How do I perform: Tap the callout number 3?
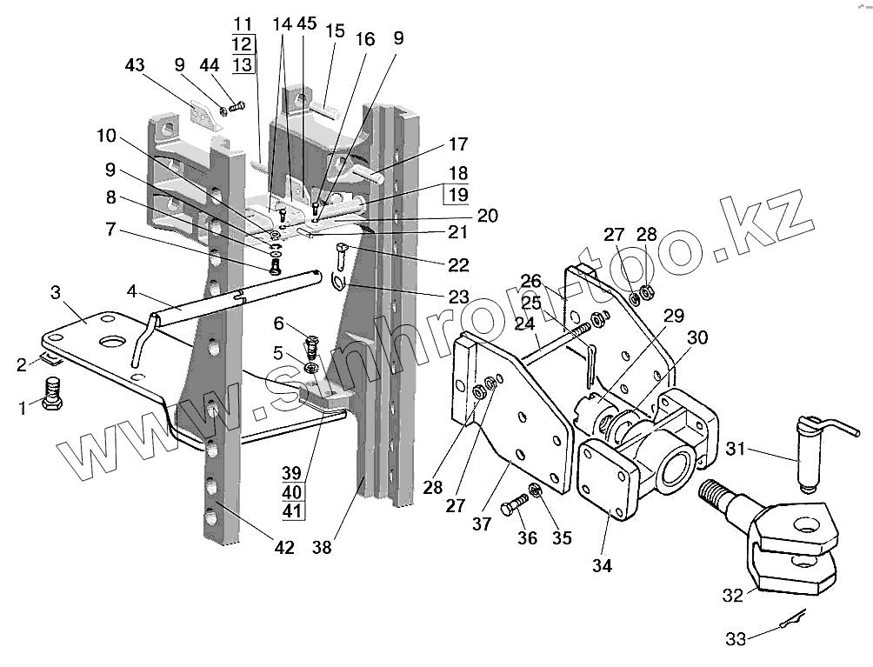point(55,290)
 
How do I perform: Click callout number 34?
point(602,566)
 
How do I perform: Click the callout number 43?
point(135,65)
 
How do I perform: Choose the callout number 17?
point(458,144)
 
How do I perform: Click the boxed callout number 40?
point(292,491)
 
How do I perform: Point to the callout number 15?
point(335,31)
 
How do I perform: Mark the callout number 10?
point(105,136)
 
